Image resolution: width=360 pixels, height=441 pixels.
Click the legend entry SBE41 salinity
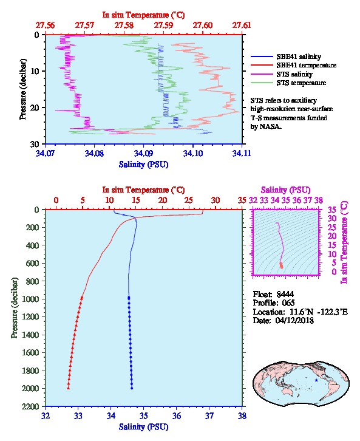pyautogui.click(x=299, y=56)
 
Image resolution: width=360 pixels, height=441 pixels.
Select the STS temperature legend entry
pyautogui.click(x=301, y=83)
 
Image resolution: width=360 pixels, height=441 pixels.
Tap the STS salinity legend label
pyautogui.click(x=294, y=74)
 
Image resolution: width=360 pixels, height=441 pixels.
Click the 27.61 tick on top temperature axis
pyautogui.click(x=242, y=26)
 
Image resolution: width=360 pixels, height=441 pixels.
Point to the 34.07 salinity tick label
pyautogui.click(x=46, y=153)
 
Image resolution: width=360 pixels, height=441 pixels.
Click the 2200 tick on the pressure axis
pyautogui.click(x=32, y=406)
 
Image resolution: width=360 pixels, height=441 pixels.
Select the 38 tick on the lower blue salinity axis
pyautogui.click(x=242, y=415)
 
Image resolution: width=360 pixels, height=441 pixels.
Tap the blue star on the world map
pyautogui.click(x=316, y=380)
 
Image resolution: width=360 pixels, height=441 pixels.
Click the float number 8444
pyautogui.click(x=285, y=294)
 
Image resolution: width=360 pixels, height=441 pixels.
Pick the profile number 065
pyautogui.click(x=288, y=303)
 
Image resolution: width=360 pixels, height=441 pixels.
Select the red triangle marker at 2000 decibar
pyautogui.click(x=68, y=388)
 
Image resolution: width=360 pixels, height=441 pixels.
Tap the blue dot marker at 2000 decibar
pyautogui.click(x=132, y=388)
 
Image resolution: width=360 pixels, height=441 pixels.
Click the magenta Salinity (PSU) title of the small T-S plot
pyautogui.click(x=285, y=190)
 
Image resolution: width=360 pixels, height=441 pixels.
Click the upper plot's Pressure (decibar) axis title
pyautogui.click(x=23, y=89)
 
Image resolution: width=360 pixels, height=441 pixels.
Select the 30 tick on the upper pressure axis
pyautogui.click(x=35, y=144)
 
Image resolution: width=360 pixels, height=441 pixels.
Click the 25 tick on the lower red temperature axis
pyautogui.click(x=189, y=200)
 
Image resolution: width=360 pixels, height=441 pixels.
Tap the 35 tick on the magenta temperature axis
pyautogui.click(x=332, y=210)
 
